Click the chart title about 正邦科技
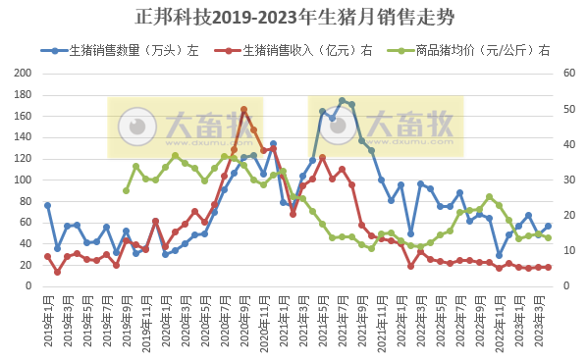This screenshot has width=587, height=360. (294, 18)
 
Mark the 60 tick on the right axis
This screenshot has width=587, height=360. (567, 74)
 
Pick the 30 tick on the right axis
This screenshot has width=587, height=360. (567, 180)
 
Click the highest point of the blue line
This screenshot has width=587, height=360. (342, 101)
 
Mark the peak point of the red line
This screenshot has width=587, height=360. (243, 110)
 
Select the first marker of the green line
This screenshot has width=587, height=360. (126, 190)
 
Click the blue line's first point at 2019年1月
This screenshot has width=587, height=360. (47, 205)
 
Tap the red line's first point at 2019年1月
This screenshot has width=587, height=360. (47, 257)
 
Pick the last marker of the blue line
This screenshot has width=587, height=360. (548, 227)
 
